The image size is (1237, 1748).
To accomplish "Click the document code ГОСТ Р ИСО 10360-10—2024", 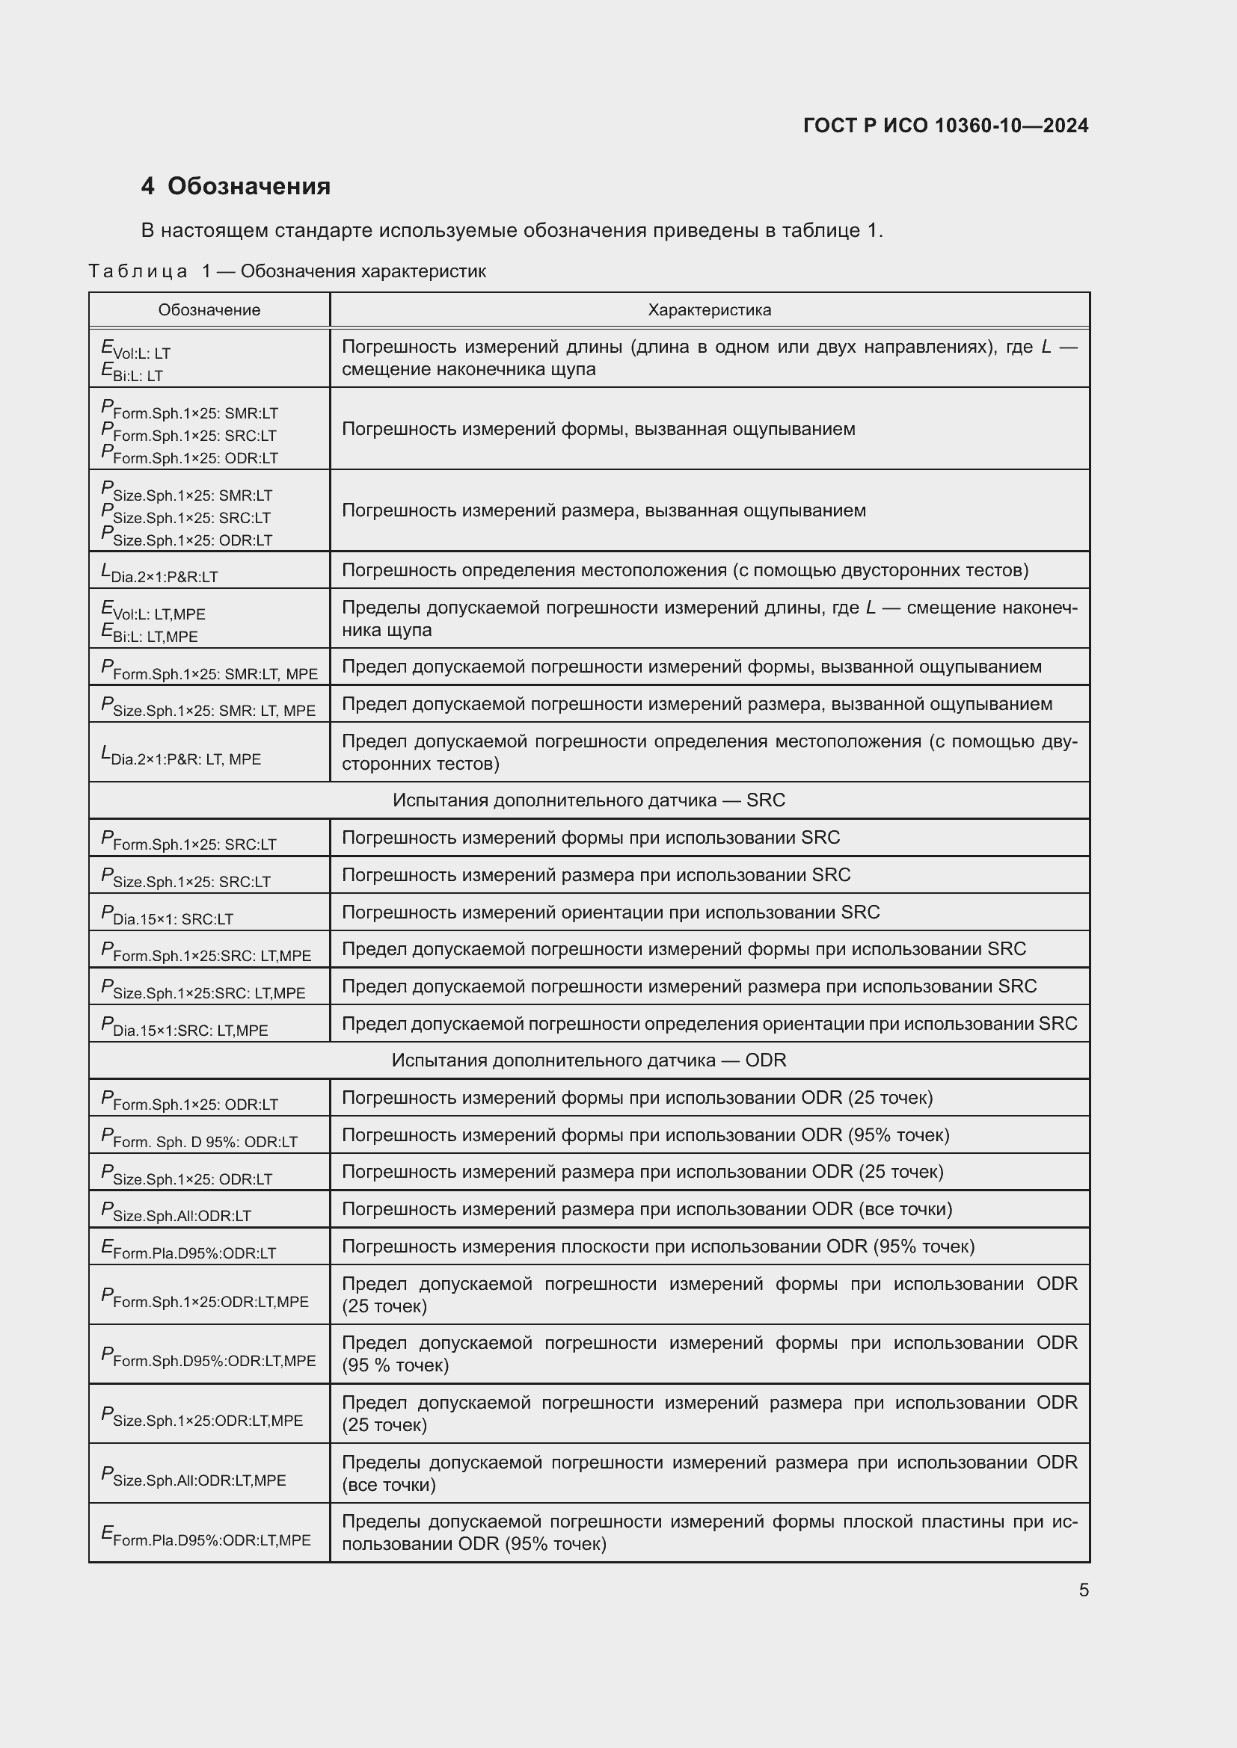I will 945,126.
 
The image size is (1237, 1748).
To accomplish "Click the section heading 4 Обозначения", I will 236,186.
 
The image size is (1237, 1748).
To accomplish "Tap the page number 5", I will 1083,1590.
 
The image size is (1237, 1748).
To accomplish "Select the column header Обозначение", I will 209,310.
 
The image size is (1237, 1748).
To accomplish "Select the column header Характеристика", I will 709,310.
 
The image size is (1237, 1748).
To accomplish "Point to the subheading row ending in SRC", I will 588,800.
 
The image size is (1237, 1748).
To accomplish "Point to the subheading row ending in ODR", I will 588,1060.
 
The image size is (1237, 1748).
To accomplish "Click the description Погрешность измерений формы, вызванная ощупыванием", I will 598,429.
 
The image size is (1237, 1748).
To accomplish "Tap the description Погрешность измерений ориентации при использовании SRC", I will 610,912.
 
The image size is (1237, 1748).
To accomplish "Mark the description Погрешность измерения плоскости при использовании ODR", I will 657,1247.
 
